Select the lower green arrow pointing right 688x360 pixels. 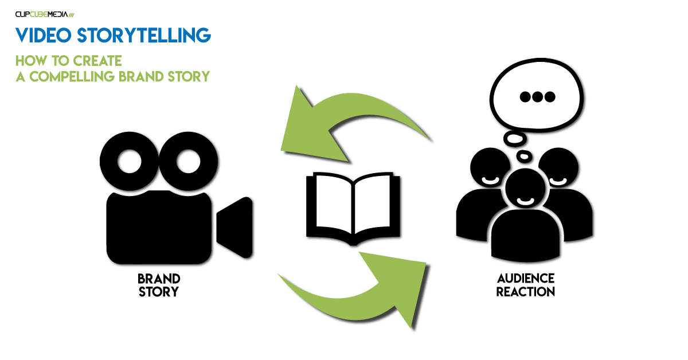coord(367,287)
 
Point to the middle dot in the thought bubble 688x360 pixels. coord(537,97)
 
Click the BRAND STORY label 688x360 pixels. coord(158,285)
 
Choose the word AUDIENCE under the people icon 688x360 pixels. coord(526,279)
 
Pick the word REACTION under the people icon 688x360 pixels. coord(526,292)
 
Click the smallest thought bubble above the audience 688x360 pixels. coord(523,156)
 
